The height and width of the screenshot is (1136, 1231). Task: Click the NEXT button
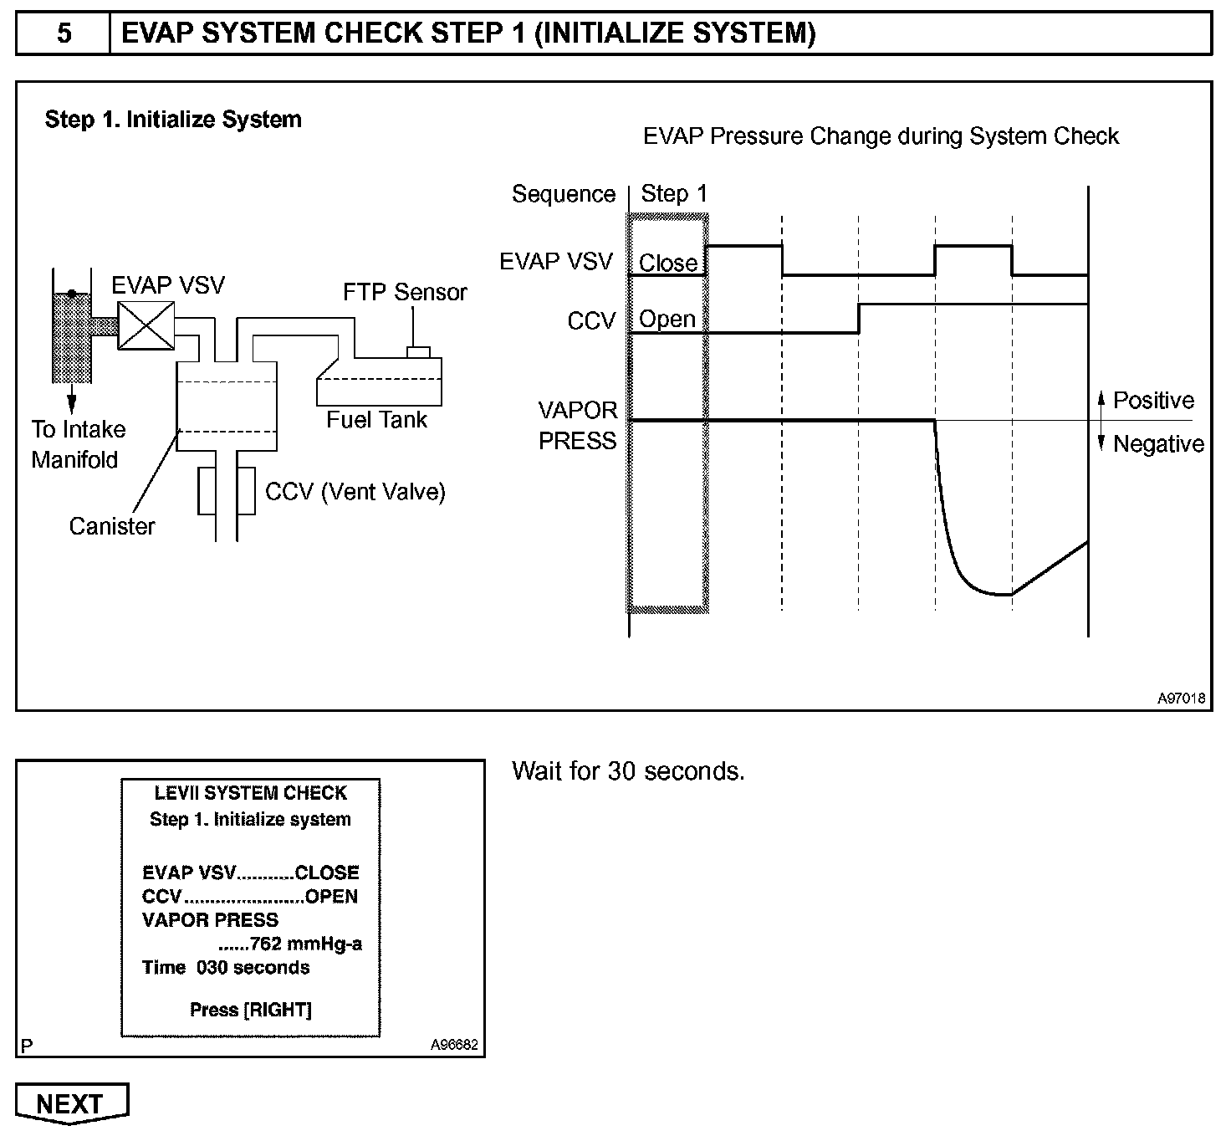click(x=71, y=1103)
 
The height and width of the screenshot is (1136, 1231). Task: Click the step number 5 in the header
click(x=64, y=33)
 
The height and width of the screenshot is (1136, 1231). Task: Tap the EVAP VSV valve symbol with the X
click(x=146, y=325)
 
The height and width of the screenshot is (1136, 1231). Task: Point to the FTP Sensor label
click(x=405, y=292)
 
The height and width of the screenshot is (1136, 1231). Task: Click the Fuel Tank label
click(x=376, y=420)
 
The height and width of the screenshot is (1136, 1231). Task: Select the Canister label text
click(x=112, y=526)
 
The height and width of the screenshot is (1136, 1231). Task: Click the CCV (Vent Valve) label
click(x=355, y=492)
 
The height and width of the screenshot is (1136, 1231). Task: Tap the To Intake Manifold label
click(x=78, y=444)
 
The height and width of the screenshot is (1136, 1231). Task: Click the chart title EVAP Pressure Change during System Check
click(x=880, y=136)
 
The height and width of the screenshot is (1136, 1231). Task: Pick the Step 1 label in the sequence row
click(x=673, y=194)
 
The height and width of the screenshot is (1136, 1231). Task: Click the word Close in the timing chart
click(x=667, y=264)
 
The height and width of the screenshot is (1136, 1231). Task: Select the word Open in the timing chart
click(x=667, y=320)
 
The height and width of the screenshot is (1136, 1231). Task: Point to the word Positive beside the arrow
click(x=1152, y=401)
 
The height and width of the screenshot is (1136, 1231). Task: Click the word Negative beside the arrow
click(x=1157, y=444)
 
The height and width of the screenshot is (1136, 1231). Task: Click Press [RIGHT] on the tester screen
click(x=250, y=1010)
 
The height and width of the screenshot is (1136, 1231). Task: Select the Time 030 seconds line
click(x=226, y=968)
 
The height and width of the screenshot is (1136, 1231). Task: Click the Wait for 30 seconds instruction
click(x=628, y=770)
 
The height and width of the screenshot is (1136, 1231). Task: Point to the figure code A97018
click(x=1181, y=698)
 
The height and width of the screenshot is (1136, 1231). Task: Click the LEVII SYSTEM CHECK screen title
click(x=250, y=793)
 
